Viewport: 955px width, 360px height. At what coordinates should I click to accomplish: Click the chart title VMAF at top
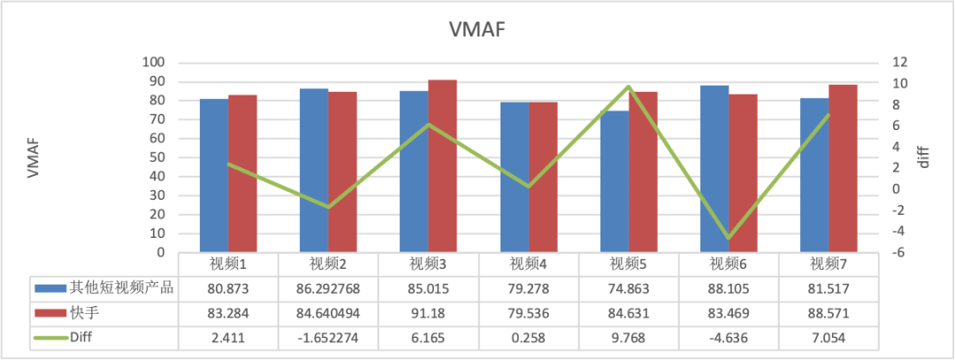pyautogui.click(x=477, y=29)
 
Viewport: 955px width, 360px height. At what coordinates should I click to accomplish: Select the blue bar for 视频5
pyautogui.click(x=615, y=181)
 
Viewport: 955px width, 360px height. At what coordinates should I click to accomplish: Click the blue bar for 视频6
pyautogui.click(x=714, y=168)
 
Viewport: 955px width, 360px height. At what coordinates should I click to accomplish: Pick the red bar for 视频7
pyautogui.click(x=843, y=168)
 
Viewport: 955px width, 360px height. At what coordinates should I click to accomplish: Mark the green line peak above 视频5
pyautogui.click(x=629, y=87)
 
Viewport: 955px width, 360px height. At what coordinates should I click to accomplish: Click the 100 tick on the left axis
pyautogui.click(x=153, y=63)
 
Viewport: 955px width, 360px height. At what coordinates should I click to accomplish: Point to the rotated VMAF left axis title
pyautogui.click(x=34, y=157)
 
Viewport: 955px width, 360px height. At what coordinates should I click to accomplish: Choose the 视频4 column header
pyautogui.click(x=529, y=264)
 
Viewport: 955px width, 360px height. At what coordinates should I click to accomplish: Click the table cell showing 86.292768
pyautogui.click(x=328, y=288)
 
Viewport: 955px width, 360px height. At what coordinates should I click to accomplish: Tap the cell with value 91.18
pyautogui.click(x=428, y=313)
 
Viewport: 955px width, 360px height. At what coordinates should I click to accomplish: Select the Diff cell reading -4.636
pyautogui.click(x=729, y=338)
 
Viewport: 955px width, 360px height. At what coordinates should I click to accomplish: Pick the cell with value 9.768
pyautogui.click(x=629, y=338)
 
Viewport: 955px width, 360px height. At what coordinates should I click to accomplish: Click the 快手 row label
pyautogui.click(x=85, y=313)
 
